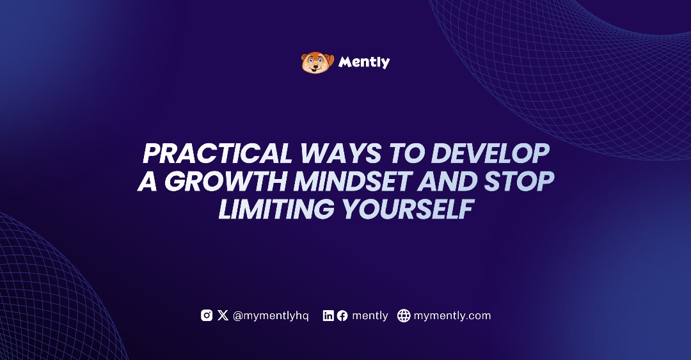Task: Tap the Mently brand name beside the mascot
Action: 364,62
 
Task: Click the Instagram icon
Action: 207,315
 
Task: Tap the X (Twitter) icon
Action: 223,315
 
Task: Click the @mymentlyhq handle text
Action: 271,316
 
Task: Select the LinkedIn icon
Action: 328,315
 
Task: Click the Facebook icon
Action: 342,315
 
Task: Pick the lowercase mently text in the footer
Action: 370,316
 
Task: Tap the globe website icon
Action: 404,315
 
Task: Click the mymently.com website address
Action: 452,316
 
